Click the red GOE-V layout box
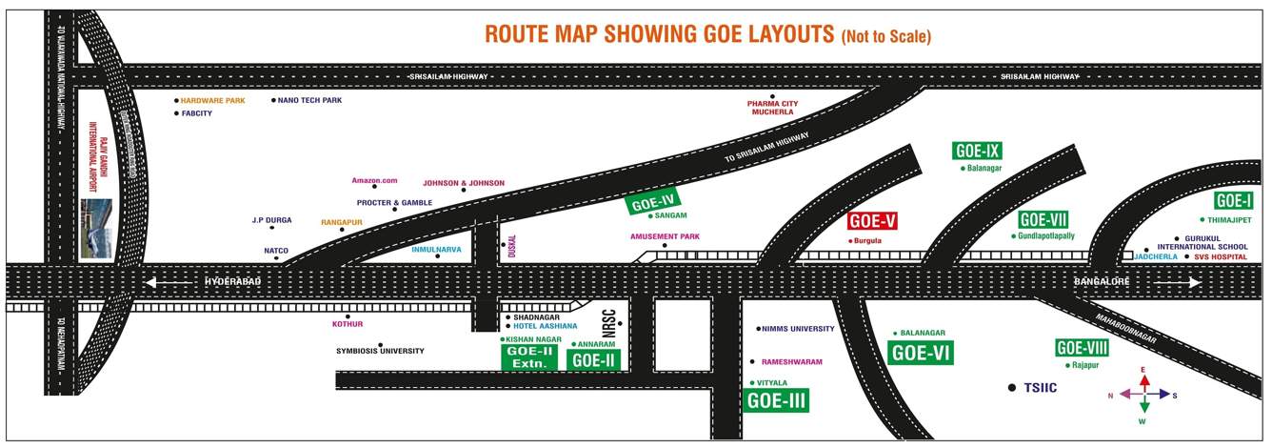pos(872,222)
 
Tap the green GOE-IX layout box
pos(977,151)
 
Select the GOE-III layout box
pos(776,400)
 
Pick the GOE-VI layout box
pos(921,353)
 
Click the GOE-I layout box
pos(1233,201)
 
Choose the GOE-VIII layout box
pos(1082,348)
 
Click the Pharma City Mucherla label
pos(773,107)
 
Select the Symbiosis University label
pos(380,351)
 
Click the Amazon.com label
pos(374,180)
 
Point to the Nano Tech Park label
pos(309,100)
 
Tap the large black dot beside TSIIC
pos(1012,388)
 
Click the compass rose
pos(1144,394)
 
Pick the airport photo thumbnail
pos(96,229)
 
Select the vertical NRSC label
pos(610,324)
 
